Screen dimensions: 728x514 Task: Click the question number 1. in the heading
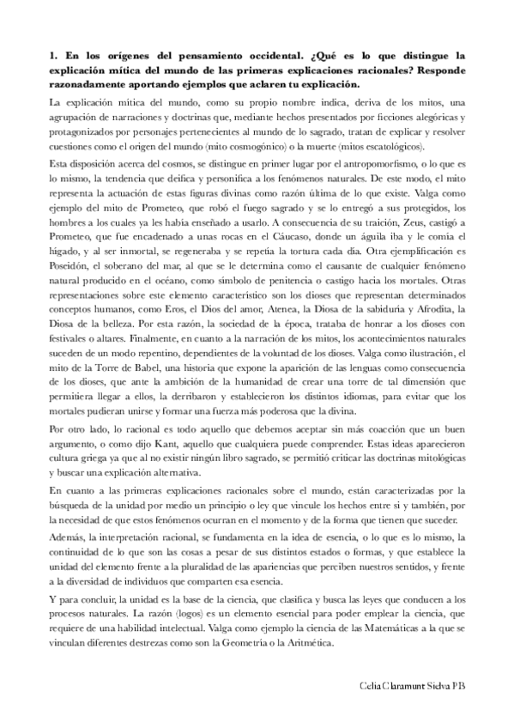coord(56,55)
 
